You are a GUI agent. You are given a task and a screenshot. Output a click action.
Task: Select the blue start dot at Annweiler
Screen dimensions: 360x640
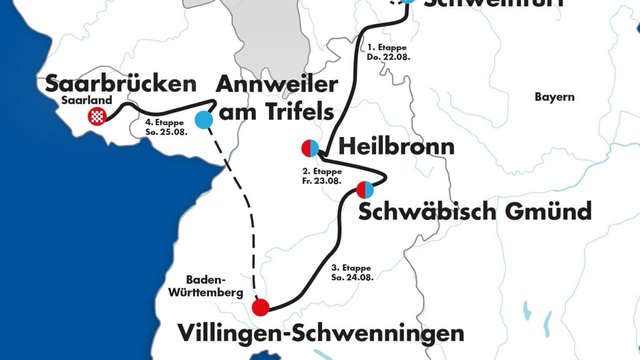click(203, 120)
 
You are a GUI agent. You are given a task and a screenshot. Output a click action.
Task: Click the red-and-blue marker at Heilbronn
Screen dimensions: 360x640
click(310, 147)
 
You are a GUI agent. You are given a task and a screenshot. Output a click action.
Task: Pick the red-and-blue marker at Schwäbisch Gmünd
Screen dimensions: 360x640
click(365, 189)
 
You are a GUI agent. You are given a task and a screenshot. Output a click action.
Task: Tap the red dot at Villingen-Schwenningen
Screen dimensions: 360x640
click(260, 307)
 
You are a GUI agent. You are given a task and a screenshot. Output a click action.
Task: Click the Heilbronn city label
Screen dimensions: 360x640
click(396, 147)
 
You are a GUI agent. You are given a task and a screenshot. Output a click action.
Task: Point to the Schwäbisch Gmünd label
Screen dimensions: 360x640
click(475, 212)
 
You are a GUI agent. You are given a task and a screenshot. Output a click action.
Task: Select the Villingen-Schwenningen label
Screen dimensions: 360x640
click(320, 334)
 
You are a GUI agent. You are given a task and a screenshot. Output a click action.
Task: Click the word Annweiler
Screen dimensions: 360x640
click(277, 84)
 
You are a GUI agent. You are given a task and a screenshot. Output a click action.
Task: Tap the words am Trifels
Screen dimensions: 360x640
click(277, 113)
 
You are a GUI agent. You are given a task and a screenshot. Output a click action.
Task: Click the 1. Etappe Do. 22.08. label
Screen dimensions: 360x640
click(388, 52)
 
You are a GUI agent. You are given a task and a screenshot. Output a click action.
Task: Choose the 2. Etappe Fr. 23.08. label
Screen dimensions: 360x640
click(322, 176)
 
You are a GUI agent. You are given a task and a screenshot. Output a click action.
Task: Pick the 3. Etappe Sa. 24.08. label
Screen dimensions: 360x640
click(351, 272)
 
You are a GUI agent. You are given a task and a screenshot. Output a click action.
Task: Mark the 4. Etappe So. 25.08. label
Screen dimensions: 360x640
click(166, 126)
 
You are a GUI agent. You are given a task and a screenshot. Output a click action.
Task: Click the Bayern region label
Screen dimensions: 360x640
click(555, 97)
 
